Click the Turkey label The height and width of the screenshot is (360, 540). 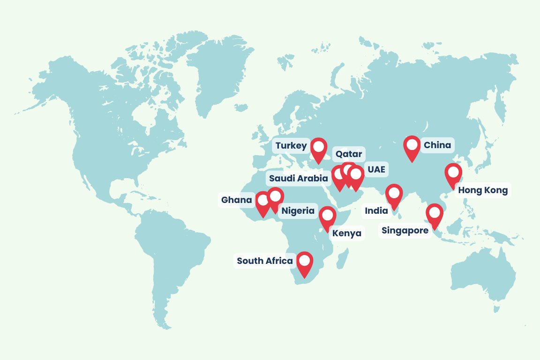coord(291,146)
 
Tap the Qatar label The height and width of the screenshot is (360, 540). coord(348,154)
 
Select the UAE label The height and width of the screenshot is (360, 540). coord(376,169)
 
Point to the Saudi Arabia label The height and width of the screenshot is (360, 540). coord(298,179)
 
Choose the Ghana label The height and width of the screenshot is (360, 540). coord(237,201)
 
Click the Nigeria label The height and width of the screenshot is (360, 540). coord(298,210)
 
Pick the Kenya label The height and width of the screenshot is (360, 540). coord(347,233)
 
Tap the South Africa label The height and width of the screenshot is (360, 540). coord(265,261)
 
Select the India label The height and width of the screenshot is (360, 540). coord(376,211)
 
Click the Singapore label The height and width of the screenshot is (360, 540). coord(405,231)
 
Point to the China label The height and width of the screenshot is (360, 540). coord(437,145)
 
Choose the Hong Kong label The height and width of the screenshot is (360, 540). coord(483,190)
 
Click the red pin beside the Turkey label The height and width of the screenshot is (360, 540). coord(319,149)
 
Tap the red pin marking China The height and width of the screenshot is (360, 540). coord(412,147)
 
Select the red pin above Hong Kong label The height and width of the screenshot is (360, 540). coord(453,174)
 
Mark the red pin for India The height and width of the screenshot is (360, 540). coord(394,195)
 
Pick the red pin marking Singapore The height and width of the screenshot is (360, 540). coord(435,215)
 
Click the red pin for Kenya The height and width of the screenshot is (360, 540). coord(327,217)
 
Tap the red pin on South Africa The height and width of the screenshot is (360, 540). coord(305,262)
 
